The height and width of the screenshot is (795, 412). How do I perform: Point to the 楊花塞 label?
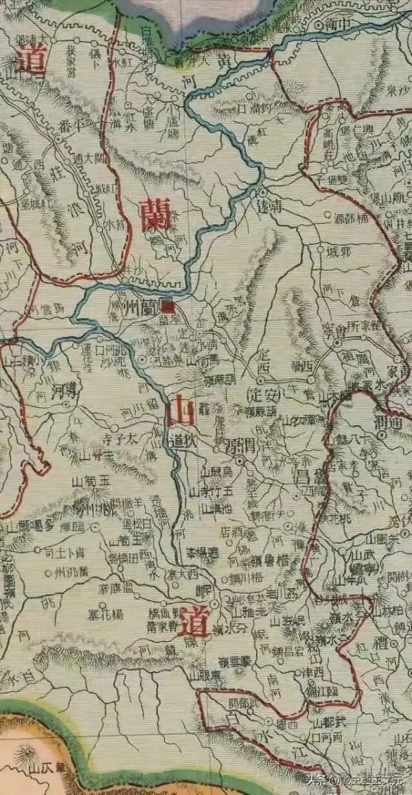coord(106,612)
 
